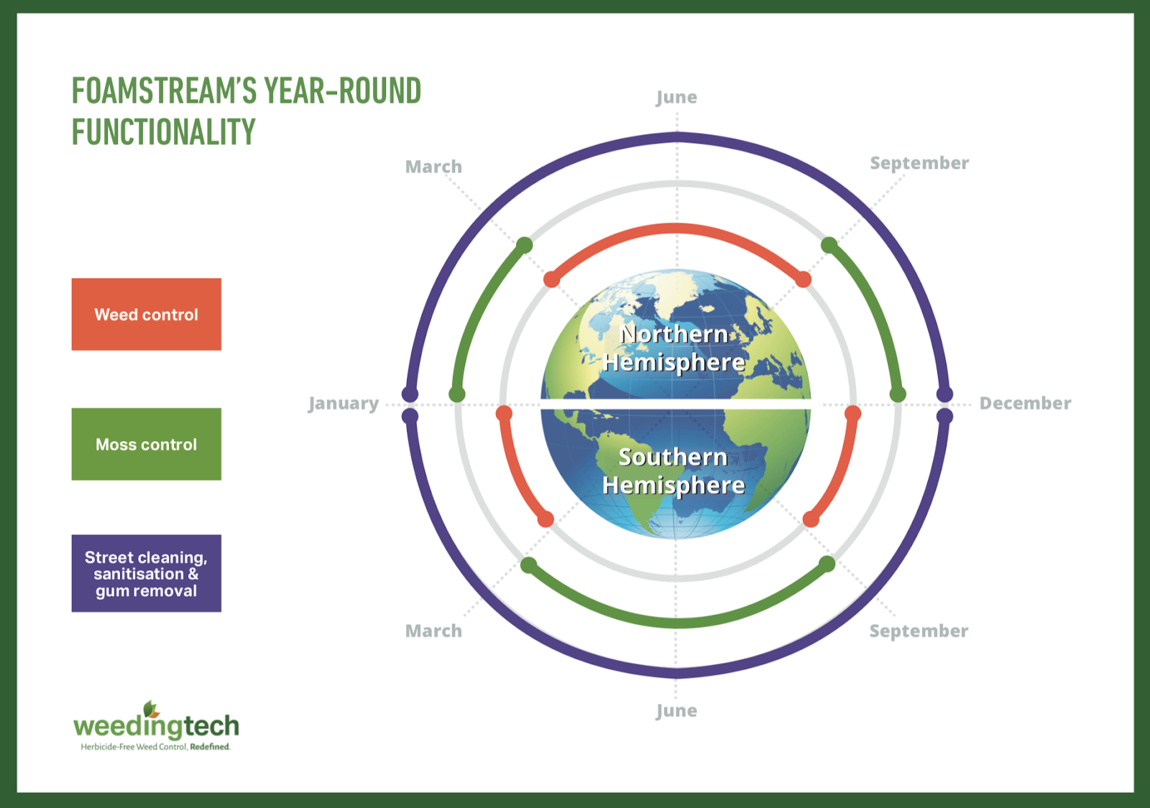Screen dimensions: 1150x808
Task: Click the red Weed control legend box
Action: (x=147, y=314)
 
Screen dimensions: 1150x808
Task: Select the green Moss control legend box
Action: (x=147, y=444)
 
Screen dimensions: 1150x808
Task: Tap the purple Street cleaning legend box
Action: (x=147, y=573)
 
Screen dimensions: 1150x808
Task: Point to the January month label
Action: (x=344, y=404)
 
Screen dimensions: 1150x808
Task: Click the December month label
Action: (x=1025, y=403)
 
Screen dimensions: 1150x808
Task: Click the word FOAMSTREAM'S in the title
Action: (x=164, y=90)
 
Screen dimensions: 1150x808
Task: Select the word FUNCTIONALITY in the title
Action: (x=163, y=131)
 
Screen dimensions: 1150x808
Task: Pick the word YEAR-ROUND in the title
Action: (x=343, y=90)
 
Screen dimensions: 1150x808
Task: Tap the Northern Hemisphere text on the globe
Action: (x=674, y=348)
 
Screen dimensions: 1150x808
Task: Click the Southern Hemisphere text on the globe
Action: (x=673, y=471)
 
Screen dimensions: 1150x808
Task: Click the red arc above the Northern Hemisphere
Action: (x=677, y=228)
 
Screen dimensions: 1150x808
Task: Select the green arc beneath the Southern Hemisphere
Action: (x=677, y=623)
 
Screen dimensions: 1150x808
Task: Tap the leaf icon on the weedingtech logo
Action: (x=151, y=710)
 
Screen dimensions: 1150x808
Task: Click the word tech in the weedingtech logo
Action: (x=211, y=726)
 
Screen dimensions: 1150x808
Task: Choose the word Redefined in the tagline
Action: (x=209, y=747)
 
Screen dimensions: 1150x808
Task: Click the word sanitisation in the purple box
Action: (x=139, y=574)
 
